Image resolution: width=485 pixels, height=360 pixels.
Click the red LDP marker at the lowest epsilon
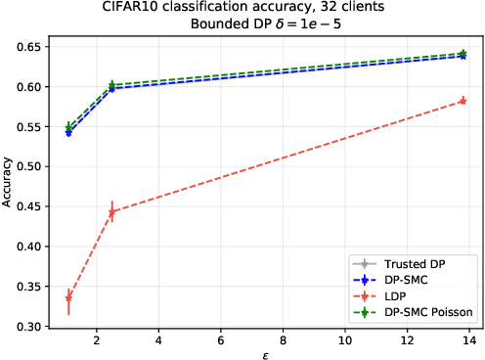pyautogui.click(x=68, y=297)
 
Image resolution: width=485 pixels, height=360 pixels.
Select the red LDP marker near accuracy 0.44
pyautogui.click(x=112, y=211)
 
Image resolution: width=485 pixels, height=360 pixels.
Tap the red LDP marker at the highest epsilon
pyautogui.click(x=463, y=101)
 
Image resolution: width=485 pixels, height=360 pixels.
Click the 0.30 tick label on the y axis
pyautogui.click(x=33, y=327)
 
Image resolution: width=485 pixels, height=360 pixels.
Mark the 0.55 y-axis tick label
pyautogui.click(x=33, y=127)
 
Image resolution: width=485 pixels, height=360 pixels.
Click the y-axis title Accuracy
pyautogui.click(x=9, y=186)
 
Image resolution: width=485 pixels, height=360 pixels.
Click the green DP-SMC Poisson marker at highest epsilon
pyautogui.click(x=463, y=54)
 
